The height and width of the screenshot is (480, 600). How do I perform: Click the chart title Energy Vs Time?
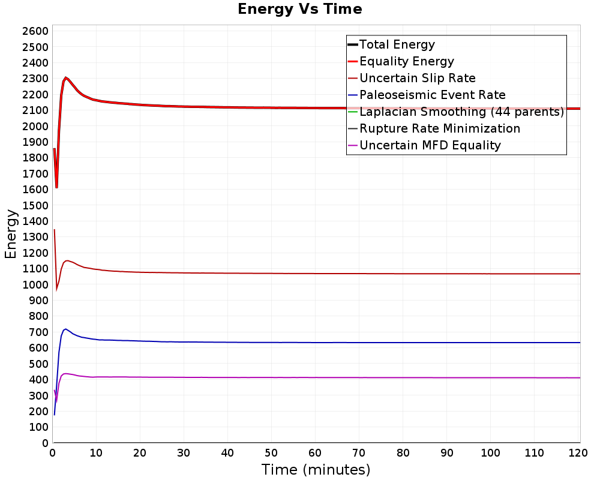[299, 9]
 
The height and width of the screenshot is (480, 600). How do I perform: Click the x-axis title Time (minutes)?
[316, 469]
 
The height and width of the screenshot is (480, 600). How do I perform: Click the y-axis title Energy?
[11, 234]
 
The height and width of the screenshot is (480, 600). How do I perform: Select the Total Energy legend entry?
[391, 44]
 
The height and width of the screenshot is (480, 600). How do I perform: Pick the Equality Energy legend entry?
[401, 61]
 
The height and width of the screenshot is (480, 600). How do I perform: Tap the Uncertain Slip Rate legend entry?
[412, 78]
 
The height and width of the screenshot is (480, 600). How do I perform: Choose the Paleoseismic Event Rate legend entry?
[427, 95]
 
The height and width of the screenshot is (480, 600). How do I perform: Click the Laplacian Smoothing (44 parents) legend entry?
[456, 112]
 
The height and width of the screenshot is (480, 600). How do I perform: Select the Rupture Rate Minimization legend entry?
[434, 128]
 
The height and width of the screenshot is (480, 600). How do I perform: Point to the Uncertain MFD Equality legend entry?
[424, 145]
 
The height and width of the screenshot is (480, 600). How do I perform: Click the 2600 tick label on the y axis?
[35, 31]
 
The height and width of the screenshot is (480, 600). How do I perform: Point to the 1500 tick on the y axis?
[35, 205]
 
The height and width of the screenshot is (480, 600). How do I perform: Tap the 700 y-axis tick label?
[38, 332]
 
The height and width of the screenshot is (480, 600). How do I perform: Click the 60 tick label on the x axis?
[315, 453]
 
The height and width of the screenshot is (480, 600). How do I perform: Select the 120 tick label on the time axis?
[578, 453]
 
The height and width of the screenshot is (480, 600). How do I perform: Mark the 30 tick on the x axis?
[184, 453]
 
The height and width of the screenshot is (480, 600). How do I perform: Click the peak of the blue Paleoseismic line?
[65, 329]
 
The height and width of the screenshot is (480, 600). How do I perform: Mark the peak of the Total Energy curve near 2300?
[66, 78]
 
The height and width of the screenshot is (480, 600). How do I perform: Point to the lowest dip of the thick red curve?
[56, 188]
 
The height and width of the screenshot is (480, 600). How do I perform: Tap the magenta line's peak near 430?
[65, 374]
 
